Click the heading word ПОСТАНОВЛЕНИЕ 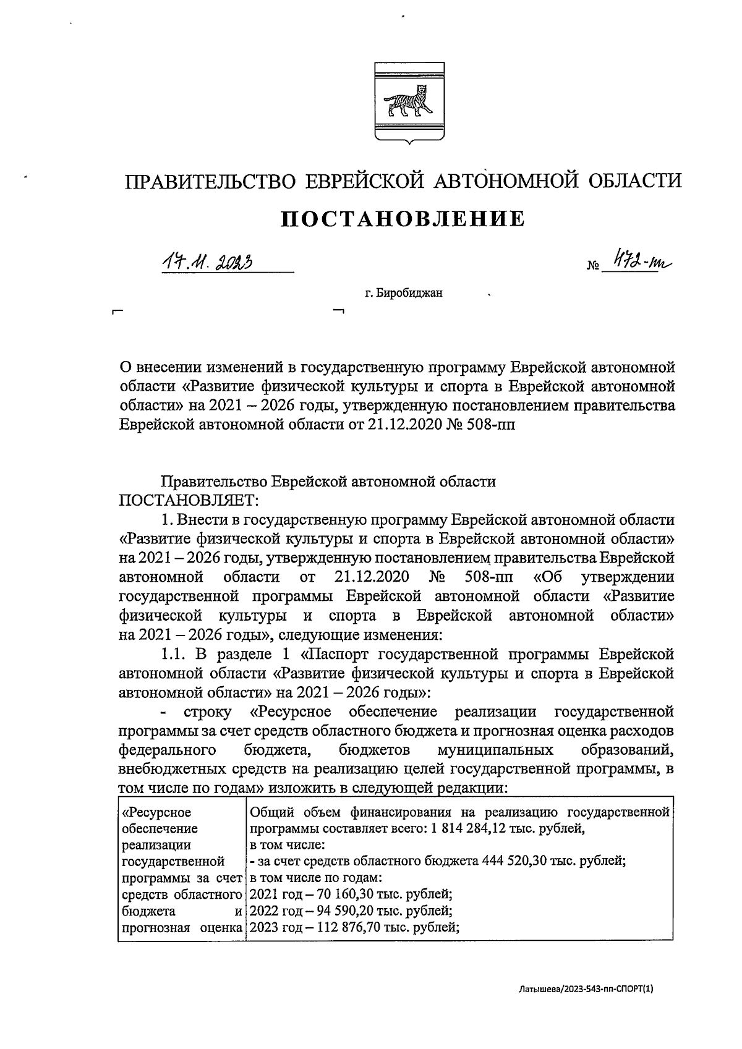click(x=403, y=219)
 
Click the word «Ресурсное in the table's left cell click(x=157, y=813)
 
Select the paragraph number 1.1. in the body click(x=174, y=654)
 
